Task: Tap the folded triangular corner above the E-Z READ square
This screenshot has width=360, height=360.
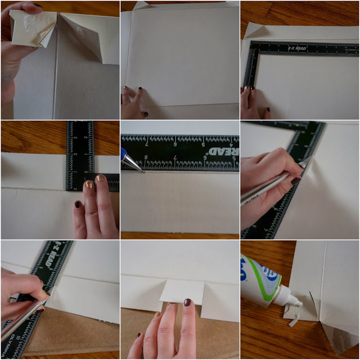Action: pos(251,31)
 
